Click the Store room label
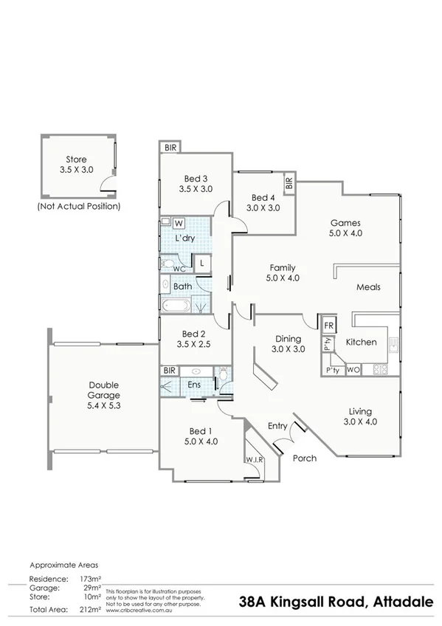coord(76,159)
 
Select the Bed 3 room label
coord(196,178)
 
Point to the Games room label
coord(345,222)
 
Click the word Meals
coord(368,287)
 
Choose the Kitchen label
coord(362,342)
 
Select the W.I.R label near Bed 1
coord(255,459)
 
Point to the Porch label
coord(305,458)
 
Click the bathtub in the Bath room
coord(178,304)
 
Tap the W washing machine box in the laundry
coord(179,221)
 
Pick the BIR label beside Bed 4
coord(289,183)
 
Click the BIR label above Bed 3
coord(170,148)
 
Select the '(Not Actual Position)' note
coord(78,207)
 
